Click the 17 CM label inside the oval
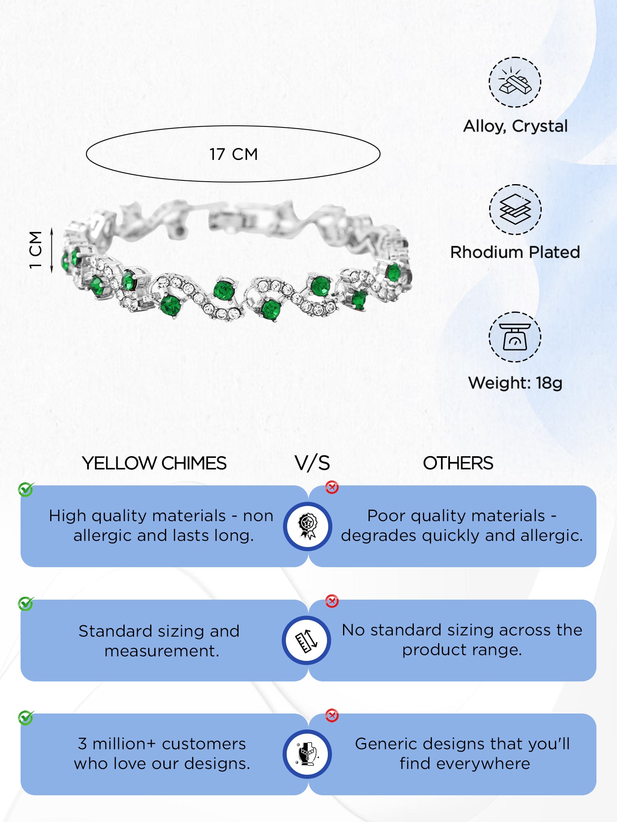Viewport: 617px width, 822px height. [233, 154]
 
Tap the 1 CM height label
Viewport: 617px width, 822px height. [36, 250]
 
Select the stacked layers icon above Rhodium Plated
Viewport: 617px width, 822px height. [515, 210]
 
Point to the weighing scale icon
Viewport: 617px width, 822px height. [515, 337]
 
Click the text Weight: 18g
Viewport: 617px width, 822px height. [515, 383]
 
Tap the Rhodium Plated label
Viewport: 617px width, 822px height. [515, 252]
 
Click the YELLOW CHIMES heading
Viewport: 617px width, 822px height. [154, 463]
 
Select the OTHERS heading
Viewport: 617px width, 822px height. [458, 463]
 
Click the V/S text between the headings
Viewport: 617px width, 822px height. [312, 463]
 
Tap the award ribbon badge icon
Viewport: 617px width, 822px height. [308, 526]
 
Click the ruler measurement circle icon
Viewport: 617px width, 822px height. [307, 640]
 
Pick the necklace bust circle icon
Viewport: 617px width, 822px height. [308, 754]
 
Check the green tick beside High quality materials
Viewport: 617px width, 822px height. [26, 489]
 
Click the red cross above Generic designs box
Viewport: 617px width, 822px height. [332, 716]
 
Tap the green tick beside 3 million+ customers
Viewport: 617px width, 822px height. [26, 718]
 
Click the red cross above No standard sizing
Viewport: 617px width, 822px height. [332, 601]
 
